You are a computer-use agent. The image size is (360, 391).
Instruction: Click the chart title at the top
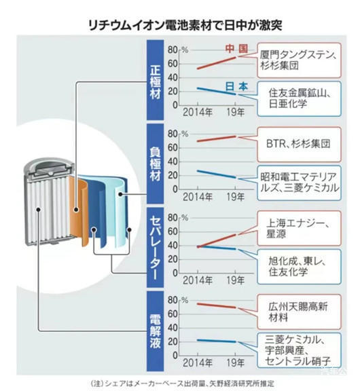point(185,25)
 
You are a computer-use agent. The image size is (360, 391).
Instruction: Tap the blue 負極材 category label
point(155,164)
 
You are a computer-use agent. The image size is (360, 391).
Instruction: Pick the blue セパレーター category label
point(155,247)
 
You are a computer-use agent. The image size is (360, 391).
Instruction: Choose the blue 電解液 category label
point(155,331)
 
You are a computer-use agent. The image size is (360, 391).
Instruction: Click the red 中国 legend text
point(236,49)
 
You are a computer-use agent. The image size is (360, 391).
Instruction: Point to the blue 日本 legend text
point(236,86)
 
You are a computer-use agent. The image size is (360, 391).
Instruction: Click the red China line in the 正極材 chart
point(217,63)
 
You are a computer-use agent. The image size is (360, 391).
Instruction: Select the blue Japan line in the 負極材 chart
point(217,174)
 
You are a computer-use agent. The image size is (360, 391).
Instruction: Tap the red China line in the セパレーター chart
point(217,240)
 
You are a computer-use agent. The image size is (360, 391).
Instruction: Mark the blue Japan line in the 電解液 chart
point(217,341)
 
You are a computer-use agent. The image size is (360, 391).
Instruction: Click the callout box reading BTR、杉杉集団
point(299,145)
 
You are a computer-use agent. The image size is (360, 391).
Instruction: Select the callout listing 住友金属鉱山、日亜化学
point(299,98)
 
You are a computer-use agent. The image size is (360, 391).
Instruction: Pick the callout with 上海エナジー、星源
point(299,228)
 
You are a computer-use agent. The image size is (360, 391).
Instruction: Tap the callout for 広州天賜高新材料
point(299,312)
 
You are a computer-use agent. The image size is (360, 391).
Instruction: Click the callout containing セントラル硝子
point(299,350)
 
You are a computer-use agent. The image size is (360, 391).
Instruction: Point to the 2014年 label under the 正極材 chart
point(198,113)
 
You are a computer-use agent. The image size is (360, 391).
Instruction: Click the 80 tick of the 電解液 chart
point(173,300)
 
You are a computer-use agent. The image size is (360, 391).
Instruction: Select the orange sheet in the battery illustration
point(79,212)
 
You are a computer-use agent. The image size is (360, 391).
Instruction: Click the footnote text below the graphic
point(182,384)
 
